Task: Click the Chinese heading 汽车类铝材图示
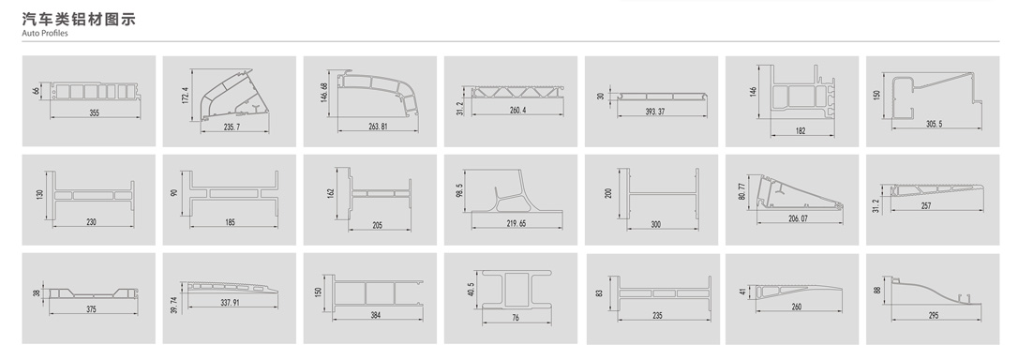(x=79, y=20)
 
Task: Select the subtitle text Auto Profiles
(x=45, y=33)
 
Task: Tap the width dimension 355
(x=94, y=113)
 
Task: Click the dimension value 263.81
(x=378, y=126)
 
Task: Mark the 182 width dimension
(x=800, y=130)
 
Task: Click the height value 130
(x=40, y=194)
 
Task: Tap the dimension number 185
(x=231, y=222)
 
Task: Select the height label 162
(x=331, y=193)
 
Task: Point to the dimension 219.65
(x=516, y=223)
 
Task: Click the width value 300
(x=656, y=225)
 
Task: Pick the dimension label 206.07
(x=799, y=219)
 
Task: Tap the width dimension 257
(x=926, y=206)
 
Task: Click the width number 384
(x=376, y=315)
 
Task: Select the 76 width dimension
(x=516, y=318)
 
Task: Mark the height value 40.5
(x=472, y=289)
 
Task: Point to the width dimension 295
(x=933, y=316)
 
